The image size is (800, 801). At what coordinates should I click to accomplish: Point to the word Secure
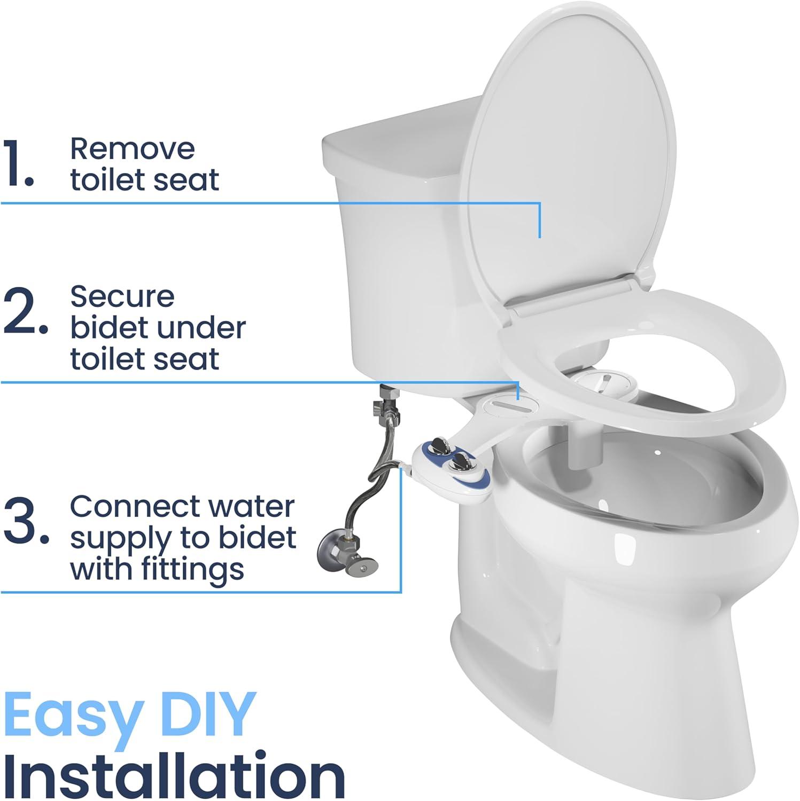(122, 296)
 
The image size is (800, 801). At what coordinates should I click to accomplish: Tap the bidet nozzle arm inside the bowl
(580, 446)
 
